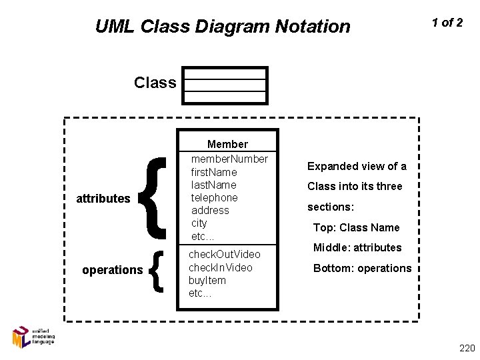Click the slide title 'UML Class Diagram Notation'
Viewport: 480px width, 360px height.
(222, 27)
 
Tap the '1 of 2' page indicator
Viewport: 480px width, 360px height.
(447, 23)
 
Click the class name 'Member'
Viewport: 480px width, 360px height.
(227, 144)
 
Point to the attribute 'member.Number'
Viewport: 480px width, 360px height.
(229, 158)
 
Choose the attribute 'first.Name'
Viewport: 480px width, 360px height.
(214, 171)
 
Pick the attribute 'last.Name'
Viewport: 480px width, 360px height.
(213, 184)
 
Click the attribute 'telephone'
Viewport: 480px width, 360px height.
(214, 197)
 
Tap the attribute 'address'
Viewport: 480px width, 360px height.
(210, 210)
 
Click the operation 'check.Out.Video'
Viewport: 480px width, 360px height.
(225, 255)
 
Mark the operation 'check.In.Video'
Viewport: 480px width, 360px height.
(221, 267)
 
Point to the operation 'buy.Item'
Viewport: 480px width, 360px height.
(207, 280)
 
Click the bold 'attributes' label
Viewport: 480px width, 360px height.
(103, 199)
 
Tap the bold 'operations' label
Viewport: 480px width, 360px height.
(112, 270)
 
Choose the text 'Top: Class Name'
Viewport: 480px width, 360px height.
(357, 227)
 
